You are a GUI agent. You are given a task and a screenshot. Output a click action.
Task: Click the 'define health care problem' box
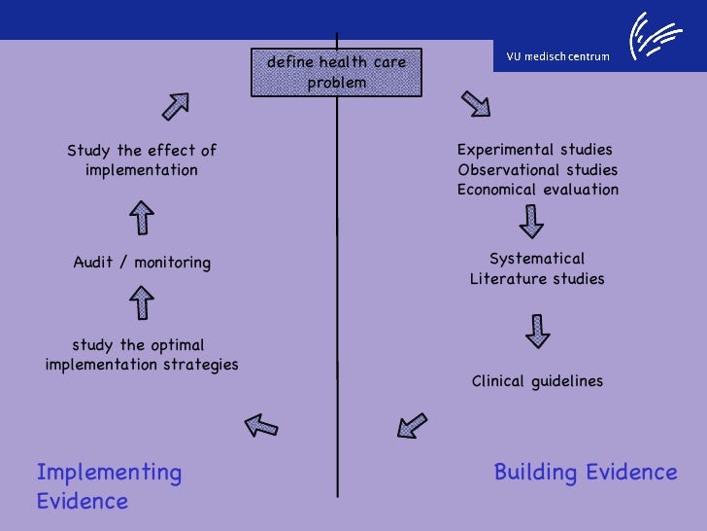(x=337, y=73)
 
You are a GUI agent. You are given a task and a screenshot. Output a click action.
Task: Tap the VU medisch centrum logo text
(x=557, y=55)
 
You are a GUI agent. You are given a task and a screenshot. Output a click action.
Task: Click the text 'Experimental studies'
(x=535, y=150)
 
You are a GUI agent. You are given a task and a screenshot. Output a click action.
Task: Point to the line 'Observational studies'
(x=537, y=170)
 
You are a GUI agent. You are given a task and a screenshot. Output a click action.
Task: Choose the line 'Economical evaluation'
(x=538, y=190)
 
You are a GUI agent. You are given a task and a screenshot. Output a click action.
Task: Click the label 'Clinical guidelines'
(x=537, y=381)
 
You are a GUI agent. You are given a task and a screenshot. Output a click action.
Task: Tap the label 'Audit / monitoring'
(x=142, y=263)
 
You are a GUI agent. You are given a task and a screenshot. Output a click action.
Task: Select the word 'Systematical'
(x=537, y=259)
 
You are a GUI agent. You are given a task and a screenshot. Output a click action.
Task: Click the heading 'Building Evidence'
(x=586, y=473)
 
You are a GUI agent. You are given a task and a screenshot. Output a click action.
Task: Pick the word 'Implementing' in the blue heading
(x=109, y=473)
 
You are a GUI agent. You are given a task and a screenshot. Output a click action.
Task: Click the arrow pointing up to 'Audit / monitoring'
(x=142, y=302)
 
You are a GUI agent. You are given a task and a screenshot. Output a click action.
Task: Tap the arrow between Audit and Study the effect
(x=142, y=217)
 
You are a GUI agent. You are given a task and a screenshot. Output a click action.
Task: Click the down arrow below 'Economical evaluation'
(x=531, y=223)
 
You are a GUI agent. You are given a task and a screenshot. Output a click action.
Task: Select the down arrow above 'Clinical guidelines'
(x=537, y=331)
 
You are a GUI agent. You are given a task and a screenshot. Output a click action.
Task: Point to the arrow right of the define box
(x=475, y=103)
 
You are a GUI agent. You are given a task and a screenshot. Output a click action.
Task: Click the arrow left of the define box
(x=175, y=106)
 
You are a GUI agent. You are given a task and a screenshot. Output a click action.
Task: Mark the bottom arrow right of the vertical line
(x=413, y=424)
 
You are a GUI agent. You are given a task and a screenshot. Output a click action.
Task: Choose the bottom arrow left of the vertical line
(x=260, y=424)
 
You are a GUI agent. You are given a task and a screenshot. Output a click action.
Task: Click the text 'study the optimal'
(x=138, y=345)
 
